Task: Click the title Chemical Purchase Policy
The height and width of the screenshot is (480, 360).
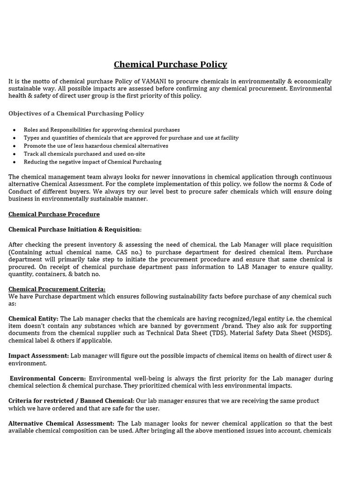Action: [171, 65]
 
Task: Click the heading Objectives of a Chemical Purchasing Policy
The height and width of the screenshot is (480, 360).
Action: [76, 113]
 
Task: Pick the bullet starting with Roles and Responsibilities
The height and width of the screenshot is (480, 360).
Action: [102, 130]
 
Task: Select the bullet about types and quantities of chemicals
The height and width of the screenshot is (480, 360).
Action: [131, 138]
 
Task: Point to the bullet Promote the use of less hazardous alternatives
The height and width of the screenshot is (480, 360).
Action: [96, 146]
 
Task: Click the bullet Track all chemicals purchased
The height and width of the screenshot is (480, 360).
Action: [84, 154]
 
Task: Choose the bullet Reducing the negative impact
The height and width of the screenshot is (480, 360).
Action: [92, 162]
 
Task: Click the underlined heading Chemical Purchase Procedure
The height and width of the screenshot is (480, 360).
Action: [54, 214]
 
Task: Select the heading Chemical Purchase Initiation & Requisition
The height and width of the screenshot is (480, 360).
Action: [74, 229]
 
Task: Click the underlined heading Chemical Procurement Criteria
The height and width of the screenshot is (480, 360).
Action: [57, 289]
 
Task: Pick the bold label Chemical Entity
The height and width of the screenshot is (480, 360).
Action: [33, 319]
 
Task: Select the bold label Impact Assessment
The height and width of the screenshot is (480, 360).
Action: [38, 356]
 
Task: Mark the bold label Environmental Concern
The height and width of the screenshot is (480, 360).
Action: [48, 378]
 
